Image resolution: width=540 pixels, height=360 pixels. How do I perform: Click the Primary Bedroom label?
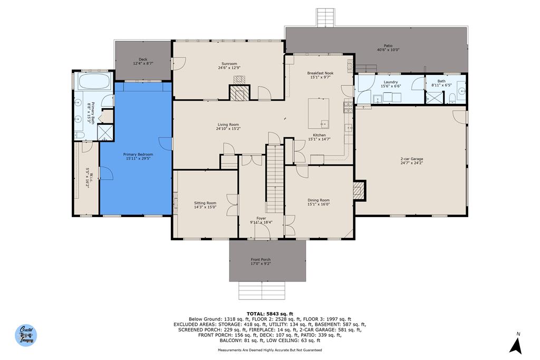[138, 154]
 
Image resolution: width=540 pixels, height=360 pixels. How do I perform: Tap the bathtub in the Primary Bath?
[94, 82]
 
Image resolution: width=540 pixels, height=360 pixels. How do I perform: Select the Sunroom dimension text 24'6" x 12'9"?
[229, 68]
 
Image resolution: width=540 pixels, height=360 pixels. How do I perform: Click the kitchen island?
[318, 113]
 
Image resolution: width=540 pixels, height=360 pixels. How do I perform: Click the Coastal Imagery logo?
[26, 335]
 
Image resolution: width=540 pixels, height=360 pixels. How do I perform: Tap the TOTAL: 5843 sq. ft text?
[269, 314]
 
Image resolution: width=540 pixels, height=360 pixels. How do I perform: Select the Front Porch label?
[261, 259]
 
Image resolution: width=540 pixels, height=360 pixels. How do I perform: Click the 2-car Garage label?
[411, 159]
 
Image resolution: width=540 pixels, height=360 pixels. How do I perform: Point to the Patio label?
[388, 46]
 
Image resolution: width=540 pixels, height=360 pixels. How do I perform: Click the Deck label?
[143, 60]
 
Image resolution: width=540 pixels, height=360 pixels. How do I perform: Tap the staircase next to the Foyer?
[274, 179]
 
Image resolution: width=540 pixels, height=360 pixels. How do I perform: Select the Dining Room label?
[319, 200]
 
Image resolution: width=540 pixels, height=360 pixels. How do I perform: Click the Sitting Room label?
[205, 203]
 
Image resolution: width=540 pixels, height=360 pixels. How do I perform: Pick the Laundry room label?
[391, 82]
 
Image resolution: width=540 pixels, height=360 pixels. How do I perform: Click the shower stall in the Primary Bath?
[105, 132]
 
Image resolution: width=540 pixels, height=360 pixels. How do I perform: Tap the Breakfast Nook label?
[320, 73]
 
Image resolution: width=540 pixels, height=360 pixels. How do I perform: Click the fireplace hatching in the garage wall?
[359, 190]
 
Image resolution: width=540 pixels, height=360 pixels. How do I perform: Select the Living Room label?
[228, 124]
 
